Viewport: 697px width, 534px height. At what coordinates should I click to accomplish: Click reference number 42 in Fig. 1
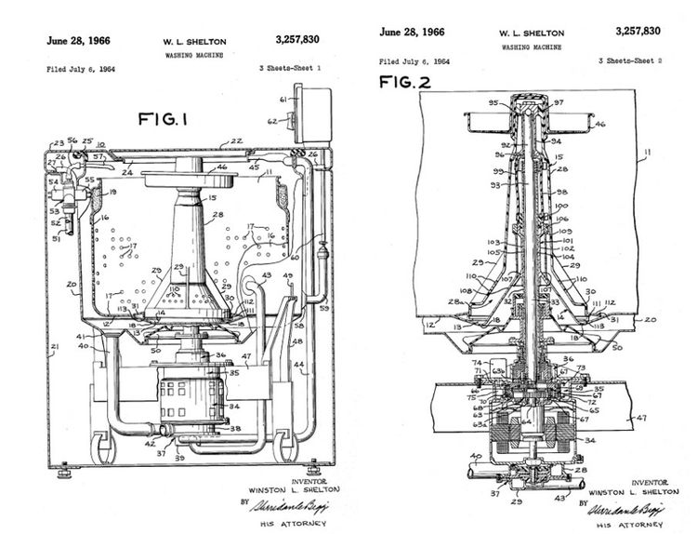coord(150,445)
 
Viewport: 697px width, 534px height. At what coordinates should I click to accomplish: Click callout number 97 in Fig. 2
coord(559,101)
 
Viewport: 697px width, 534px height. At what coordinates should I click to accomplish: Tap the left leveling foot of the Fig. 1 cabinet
coord(64,473)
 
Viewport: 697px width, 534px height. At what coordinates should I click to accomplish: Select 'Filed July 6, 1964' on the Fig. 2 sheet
coord(414,61)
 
